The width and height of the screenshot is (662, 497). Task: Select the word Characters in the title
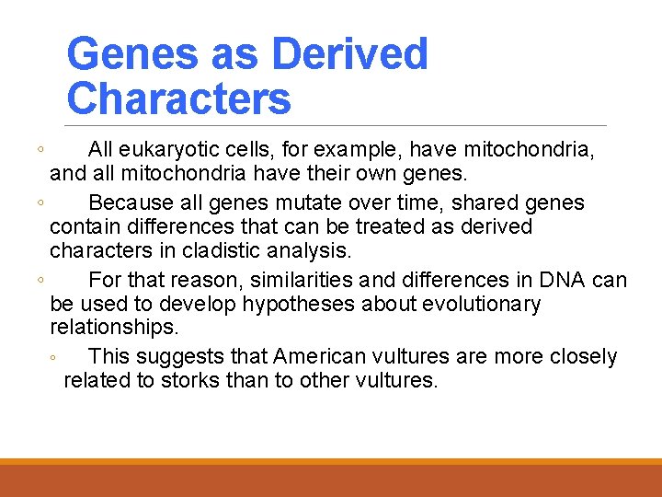(x=178, y=98)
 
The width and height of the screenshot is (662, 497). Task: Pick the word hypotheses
(x=293, y=304)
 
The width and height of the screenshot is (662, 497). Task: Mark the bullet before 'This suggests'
(x=55, y=358)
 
